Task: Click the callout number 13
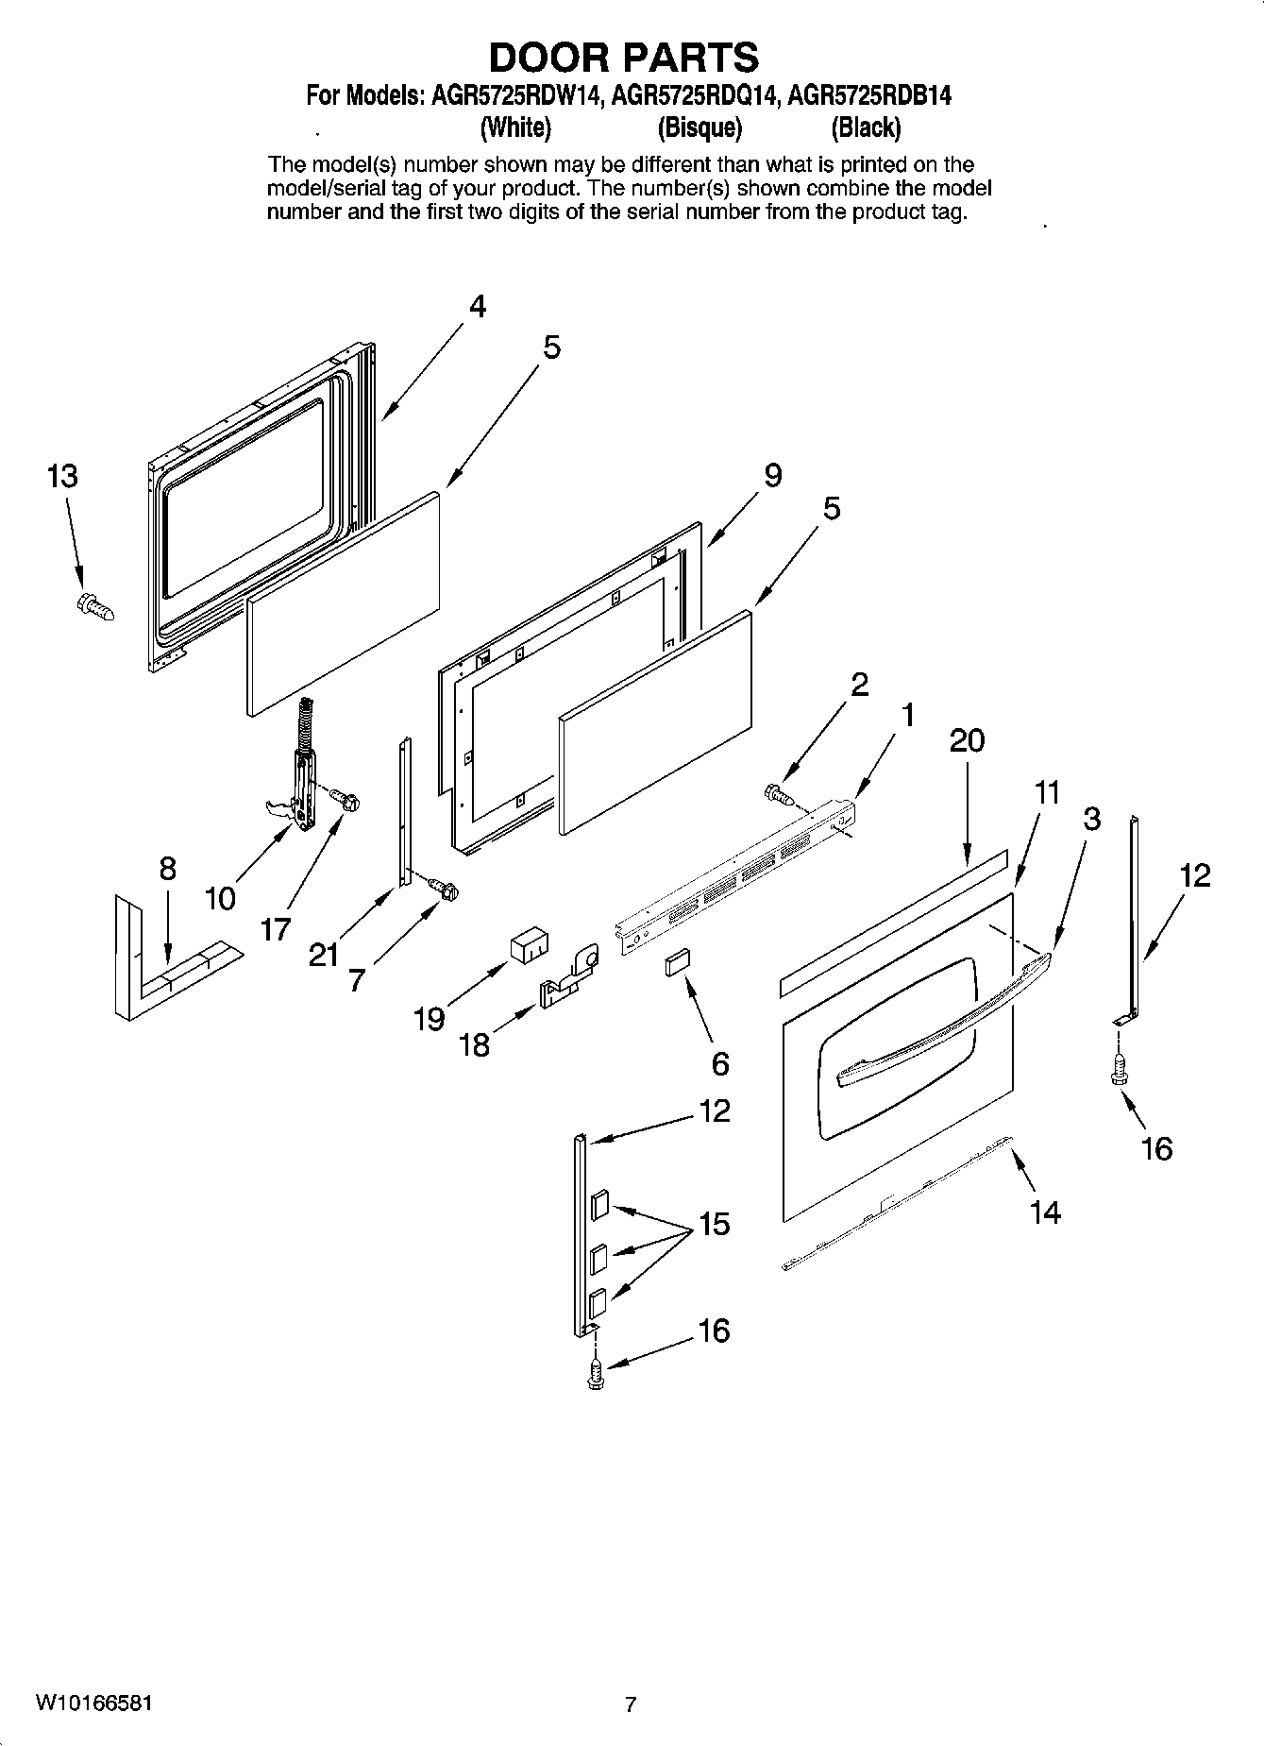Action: (x=62, y=476)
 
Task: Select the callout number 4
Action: (x=478, y=307)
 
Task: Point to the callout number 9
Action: (x=772, y=475)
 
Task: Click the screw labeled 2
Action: (x=779, y=794)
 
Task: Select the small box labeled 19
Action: (x=529, y=945)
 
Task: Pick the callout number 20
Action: (x=966, y=739)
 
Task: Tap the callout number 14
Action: (x=1045, y=1212)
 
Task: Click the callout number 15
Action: (x=714, y=1224)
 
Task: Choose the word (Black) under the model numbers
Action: (x=865, y=127)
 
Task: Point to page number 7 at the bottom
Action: (x=631, y=1704)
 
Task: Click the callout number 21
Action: (x=323, y=955)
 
